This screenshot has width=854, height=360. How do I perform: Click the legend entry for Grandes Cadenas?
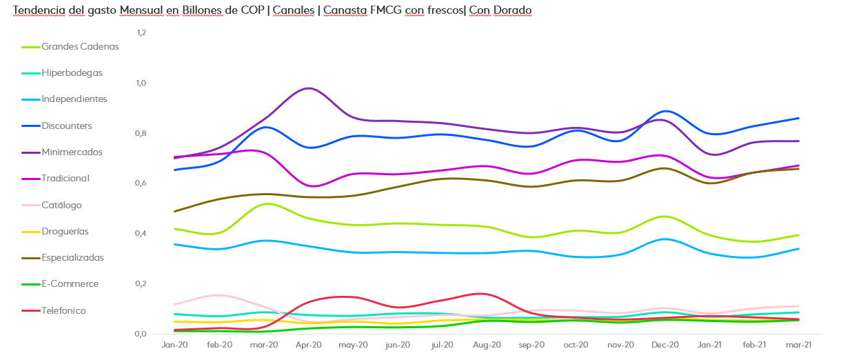(80, 47)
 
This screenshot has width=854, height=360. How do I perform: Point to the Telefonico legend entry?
(63, 311)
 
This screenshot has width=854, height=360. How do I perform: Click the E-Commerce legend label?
(70, 284)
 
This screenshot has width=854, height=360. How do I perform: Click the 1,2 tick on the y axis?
(141, 32)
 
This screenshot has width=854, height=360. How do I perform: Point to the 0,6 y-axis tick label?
(141, 183)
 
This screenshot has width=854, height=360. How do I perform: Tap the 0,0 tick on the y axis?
(141, 334)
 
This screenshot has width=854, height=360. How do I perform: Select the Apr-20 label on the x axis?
(309, 344)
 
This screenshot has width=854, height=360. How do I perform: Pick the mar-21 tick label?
(799, 344)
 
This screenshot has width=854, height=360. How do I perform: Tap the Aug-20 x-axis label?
(487, 344)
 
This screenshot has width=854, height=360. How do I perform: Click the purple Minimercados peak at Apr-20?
(309, 88)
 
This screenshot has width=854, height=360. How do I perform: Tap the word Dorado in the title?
(509, 10)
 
